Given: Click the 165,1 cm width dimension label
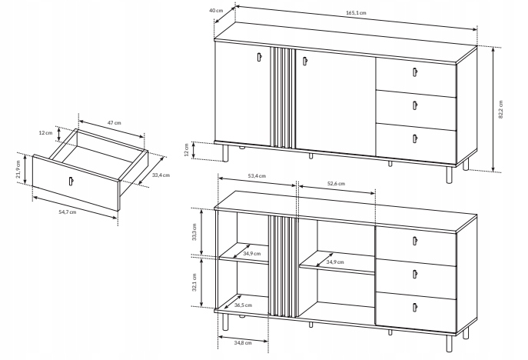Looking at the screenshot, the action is coord(356,13).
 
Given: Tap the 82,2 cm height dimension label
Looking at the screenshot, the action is coord(500,109).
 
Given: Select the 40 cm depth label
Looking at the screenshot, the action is coord(216,10).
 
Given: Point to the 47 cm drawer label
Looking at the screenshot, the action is coord(115,123).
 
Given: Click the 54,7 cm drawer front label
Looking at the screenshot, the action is coord(68,212).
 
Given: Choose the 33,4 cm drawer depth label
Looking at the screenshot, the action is coord(161,175).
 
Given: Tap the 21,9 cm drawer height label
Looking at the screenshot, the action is coord(18,169).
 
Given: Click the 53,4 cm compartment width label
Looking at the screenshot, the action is coord(257,176).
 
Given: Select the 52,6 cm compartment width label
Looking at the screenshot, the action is coord(336,184).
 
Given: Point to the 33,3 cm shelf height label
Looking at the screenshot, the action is coord(194,232).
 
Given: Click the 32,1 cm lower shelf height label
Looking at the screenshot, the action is coord(194,282).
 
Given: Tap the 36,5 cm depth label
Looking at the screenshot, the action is coord(243,305).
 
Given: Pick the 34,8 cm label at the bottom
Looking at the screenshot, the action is coord(243,343).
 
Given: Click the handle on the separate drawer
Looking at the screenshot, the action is coord(71,181).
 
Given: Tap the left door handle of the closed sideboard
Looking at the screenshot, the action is coord(259,57).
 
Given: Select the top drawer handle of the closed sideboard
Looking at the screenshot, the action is coord(414,72).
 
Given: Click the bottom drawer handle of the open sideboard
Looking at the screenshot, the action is coord(414,308).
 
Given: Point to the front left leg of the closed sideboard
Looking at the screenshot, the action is coord(226,153).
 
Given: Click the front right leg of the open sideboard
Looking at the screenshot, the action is coord(449,343).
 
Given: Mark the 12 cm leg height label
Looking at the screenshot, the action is coord(187,150).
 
